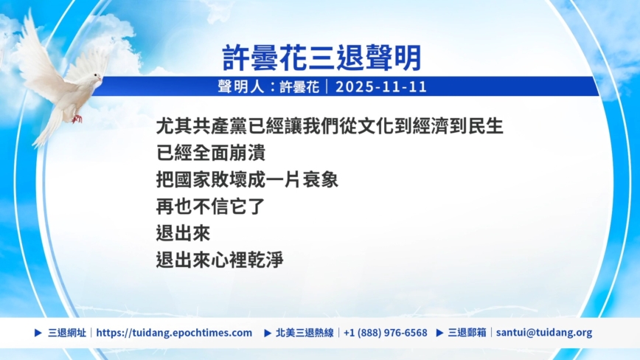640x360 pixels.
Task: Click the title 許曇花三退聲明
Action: [321, 58]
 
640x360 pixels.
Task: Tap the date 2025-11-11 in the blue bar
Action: [380, 86]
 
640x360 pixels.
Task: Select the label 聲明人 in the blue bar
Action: [241, 86]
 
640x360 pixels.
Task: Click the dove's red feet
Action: [77, 119]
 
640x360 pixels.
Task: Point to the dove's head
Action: [96, 77]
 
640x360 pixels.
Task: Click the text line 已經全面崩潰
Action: [211, 153]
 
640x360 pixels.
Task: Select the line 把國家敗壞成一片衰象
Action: [247, 179]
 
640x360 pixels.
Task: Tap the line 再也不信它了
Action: [211, 207]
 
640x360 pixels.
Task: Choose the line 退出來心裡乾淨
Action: [220, 260]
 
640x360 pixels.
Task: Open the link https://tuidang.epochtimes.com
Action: [174, 333]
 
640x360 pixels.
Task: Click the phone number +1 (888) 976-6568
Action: [386, 333]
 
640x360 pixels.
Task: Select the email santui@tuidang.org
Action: [544, 333]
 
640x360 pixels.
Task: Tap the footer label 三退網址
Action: [67, 333]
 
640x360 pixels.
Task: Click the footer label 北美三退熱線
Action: [305, 333]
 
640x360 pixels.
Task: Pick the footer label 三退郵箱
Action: [467, 333]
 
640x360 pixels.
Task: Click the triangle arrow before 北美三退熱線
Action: [268, 333]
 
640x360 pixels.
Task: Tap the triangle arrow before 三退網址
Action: [38, 333]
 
